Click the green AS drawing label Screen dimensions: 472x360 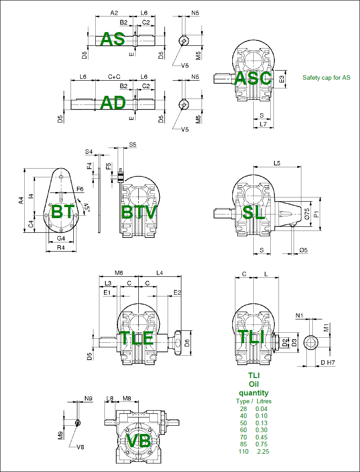113,39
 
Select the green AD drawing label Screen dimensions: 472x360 113,103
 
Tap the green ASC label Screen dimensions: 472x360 253,78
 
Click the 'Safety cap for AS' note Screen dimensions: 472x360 326,77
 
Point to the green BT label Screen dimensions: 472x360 63,212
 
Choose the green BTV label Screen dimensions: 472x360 139,212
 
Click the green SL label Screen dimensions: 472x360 254,212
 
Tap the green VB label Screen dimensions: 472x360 138,441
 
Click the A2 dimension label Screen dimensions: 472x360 115,13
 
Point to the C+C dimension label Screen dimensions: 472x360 115,77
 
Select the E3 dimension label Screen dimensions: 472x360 282,79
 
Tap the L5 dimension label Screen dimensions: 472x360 277,163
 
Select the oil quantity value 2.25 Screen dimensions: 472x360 263,452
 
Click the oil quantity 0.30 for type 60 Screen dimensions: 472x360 262,430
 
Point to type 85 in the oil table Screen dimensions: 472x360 243,445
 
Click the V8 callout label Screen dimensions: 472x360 81,447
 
